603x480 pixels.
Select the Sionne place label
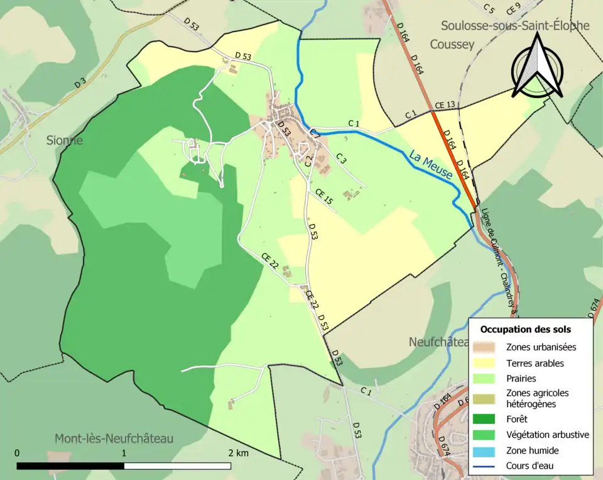(x=65, y=140)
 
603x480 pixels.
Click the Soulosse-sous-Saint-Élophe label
(x=515, y=26)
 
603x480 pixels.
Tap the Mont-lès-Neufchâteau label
(x=114, y=438)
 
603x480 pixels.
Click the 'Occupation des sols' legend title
(x=525, y=329)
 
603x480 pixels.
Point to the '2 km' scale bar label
(x=239, y=453)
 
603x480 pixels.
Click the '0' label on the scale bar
(x=17, y=453)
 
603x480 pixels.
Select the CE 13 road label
(x=444, y=104)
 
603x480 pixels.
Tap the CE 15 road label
(x=323, y=197)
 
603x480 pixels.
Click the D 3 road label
(x=80, y=82)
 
